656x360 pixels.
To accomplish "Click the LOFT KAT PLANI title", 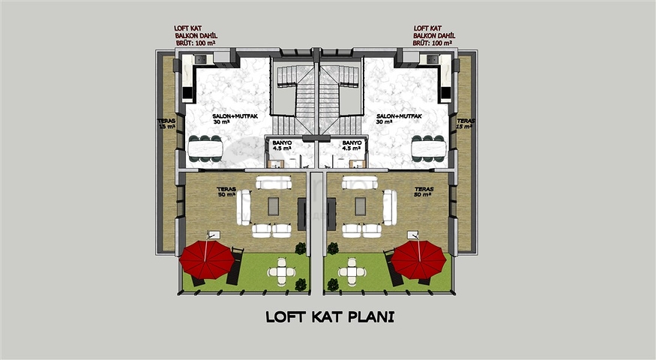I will [x=330, y=317].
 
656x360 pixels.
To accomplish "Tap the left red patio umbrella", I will [x=208, y=258].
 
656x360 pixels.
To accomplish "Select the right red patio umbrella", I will [x=418, y=258].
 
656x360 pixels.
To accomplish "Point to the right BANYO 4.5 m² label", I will [x=352, y=145].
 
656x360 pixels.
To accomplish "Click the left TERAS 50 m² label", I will [x=226, y=192].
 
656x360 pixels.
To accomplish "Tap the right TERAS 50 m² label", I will [x=424, y=192].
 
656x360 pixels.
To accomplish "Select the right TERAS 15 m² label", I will [x=465, y=123].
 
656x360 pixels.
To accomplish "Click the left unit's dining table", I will [x=205, y=148].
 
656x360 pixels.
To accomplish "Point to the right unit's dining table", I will [x=428, y=148].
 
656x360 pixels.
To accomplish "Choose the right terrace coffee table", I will [x=361, y=206].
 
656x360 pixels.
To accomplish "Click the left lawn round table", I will [x=281, y=271].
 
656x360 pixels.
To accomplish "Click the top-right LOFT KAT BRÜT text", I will [x=434, y=36].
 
